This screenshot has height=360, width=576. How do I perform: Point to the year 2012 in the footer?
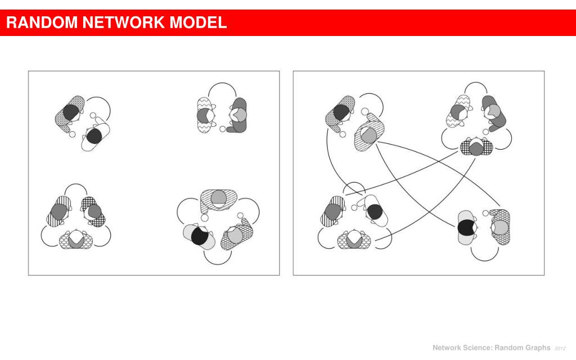[560, 348]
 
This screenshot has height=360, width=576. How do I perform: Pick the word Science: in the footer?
[477, 348]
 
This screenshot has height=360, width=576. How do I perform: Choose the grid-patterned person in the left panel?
[92, 211]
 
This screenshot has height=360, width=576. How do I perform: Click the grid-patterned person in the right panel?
[476, 147]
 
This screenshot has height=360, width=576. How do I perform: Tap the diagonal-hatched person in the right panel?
[367, 133]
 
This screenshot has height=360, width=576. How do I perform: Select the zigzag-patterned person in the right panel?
[458, 110]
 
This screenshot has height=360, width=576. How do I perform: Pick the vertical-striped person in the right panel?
[332, 211]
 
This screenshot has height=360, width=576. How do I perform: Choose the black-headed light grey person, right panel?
[466, 228]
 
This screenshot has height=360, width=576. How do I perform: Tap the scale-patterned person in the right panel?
[353, 240]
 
